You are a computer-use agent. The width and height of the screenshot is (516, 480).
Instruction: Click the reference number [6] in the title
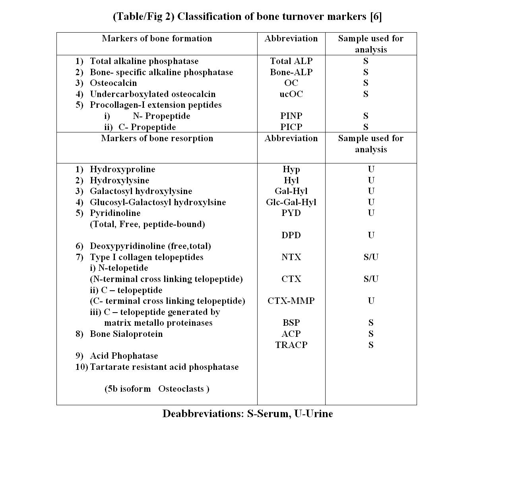coord(376,17)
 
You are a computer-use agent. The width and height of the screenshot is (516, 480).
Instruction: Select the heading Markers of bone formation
coord(157,39)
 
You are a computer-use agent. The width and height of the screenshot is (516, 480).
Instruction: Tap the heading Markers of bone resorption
coord(157,138)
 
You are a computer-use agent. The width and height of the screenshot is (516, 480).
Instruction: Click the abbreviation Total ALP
coord(291,61)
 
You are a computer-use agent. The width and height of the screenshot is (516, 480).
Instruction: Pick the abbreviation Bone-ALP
coord(291,72)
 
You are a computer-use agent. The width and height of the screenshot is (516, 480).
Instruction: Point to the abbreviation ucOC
coord(291,94)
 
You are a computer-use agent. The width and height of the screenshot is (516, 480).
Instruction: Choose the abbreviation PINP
coord(291,116)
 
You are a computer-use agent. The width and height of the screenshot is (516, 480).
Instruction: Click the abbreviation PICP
coord(291,127)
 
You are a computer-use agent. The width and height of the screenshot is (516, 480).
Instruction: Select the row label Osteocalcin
coord(113,83)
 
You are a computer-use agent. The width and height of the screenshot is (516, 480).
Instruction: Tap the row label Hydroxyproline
coord(122,169)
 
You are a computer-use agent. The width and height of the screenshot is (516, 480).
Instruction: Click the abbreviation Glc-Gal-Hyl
coord(291,202)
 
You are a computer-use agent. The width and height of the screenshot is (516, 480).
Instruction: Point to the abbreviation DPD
coord(291,235)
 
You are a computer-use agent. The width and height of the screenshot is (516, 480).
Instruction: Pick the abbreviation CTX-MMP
coord(291,301)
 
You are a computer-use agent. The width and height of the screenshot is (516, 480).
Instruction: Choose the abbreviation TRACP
coord(291,345)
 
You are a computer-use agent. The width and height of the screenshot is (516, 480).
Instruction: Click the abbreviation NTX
coord(291,257)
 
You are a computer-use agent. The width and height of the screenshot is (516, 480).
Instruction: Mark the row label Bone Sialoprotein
coord(126,334)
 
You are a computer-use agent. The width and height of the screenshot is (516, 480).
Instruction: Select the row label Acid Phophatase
coord(124,356)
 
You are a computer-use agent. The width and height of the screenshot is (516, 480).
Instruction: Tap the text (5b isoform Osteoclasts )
coord(157,389)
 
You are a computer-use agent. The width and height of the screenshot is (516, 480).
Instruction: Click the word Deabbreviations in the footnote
coord(203,414)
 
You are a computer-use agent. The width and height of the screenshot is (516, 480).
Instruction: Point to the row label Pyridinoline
coord(115,213)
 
